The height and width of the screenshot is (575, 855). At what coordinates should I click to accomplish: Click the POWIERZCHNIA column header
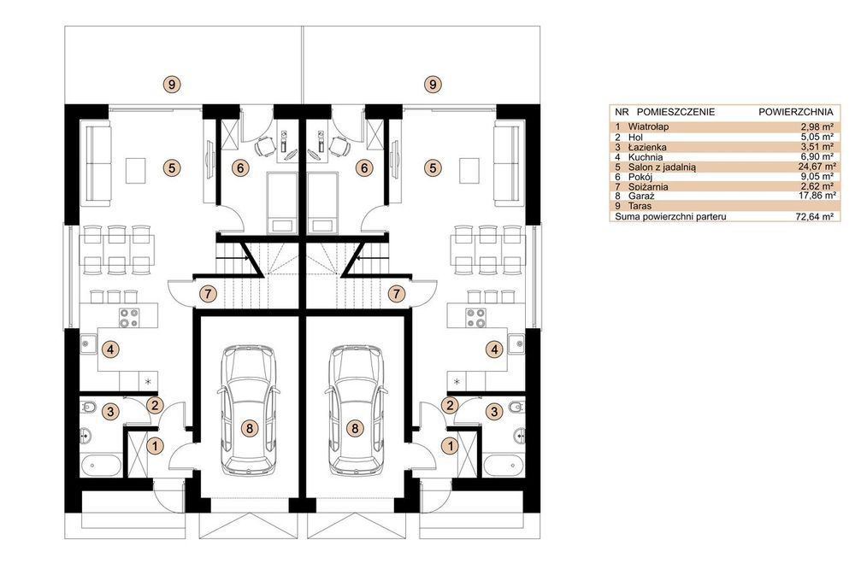795,112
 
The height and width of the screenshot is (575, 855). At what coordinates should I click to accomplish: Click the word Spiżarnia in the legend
648,187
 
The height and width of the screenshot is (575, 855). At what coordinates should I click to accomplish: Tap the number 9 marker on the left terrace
172,85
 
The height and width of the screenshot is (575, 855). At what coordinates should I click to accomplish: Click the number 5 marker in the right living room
433,167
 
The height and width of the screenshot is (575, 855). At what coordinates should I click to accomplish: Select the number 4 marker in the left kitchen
110,349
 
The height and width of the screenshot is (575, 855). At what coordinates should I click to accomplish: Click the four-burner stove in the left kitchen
129,318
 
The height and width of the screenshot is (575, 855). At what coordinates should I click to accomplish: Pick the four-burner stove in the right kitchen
475,318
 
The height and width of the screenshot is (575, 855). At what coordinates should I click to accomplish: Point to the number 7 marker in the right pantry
397,294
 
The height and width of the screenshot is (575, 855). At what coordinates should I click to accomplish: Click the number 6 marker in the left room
240,167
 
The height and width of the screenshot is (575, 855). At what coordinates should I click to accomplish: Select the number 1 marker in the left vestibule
156,446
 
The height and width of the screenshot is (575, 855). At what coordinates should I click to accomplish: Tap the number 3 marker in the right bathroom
494,411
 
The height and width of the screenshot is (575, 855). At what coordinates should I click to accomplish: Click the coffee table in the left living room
136,171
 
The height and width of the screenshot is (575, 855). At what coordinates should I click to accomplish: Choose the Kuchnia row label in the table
645,157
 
